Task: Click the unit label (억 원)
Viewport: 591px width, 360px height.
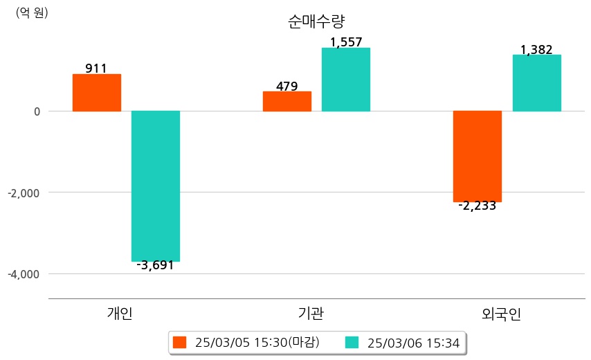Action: pos(32,12)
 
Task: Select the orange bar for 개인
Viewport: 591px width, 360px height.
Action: pos(97,93)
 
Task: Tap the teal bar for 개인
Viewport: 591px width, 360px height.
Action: pos(156,186)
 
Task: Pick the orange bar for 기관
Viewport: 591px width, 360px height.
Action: pos(287,101)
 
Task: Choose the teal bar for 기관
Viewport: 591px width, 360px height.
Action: pos(346,80)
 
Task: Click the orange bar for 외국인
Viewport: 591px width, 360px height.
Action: pos(478,156)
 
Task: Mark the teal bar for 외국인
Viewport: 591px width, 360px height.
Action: pos(536,83)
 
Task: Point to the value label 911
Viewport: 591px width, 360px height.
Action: pos(96,69)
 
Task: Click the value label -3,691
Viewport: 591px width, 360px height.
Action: pos(155,265)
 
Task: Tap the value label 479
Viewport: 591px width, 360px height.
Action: pos(287,87)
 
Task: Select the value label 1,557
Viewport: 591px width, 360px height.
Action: pos(346,42)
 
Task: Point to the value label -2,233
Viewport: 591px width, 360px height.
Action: pos(477,206)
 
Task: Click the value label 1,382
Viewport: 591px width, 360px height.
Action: pos(536,50)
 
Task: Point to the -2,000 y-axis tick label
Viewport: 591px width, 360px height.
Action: pos(24,192)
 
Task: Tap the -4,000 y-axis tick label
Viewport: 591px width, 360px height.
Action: pos(24,274)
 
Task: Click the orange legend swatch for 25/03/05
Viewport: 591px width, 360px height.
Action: pos(180,343)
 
